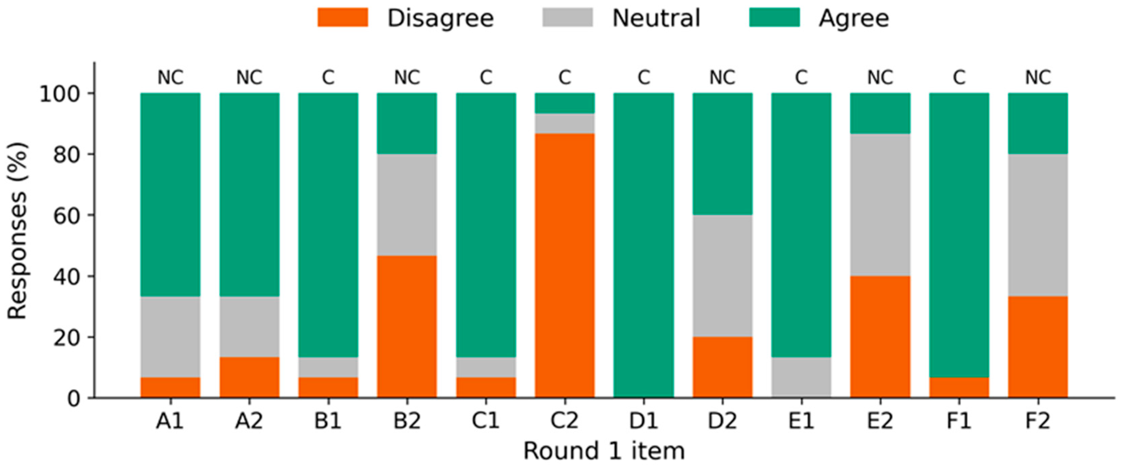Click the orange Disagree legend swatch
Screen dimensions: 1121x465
(343, 17)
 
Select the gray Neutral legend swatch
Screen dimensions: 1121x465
(568, 17)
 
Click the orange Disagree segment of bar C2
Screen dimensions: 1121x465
(565, 265)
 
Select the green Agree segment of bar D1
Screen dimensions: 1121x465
(644, 245)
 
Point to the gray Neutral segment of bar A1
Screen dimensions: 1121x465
(171, 337)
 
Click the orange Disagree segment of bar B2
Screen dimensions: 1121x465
(407, 327)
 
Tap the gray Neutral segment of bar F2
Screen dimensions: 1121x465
(1038, 225)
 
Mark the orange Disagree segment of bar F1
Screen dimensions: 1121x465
(959, 388)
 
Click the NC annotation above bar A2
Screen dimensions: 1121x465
(249, 77)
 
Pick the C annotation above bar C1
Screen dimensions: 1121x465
(486, 77)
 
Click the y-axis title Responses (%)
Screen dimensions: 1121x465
(18, 231)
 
